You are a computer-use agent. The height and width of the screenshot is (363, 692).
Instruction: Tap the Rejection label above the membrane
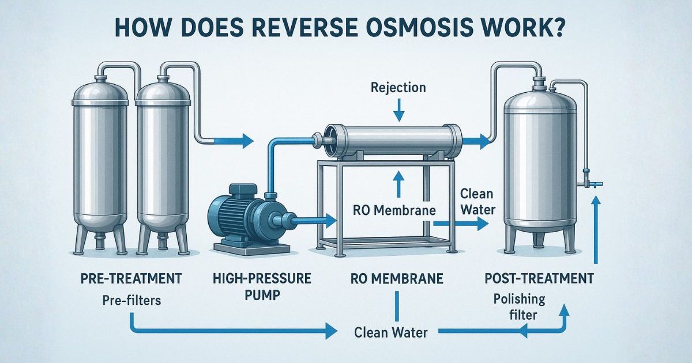coord(398,88)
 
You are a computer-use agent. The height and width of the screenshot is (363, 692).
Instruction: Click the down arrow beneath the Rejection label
coord(398,107)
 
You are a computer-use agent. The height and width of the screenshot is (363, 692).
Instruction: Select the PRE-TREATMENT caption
coord(131,279)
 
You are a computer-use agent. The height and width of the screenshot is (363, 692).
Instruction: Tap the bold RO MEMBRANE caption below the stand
coord(397,279)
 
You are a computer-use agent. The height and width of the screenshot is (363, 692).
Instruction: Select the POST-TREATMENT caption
coord(539,279)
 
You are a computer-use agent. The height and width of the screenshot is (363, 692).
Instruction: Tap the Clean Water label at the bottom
coord(391,332)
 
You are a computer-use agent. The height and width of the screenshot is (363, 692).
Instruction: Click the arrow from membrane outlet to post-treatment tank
coord(474,140)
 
